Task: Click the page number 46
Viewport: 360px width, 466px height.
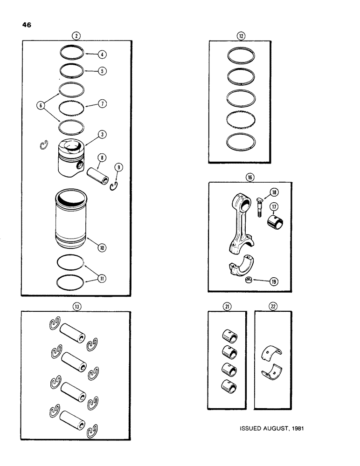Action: [26, 26]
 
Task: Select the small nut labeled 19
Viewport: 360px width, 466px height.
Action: [250, 280]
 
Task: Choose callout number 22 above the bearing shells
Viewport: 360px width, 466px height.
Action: [273, 306]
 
